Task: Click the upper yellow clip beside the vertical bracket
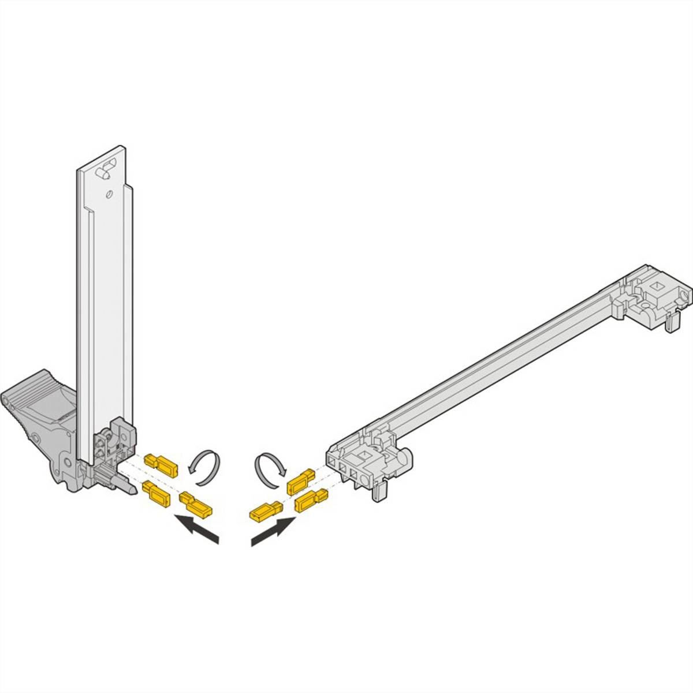(162, 463)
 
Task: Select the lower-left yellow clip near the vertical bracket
(155, 493)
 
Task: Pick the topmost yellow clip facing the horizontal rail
(301, 480)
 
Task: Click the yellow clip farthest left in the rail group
(264, 510)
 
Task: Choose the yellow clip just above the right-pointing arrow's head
(310, 500)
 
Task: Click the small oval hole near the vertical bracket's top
(107, 195)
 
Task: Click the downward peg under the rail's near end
(378, 492)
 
